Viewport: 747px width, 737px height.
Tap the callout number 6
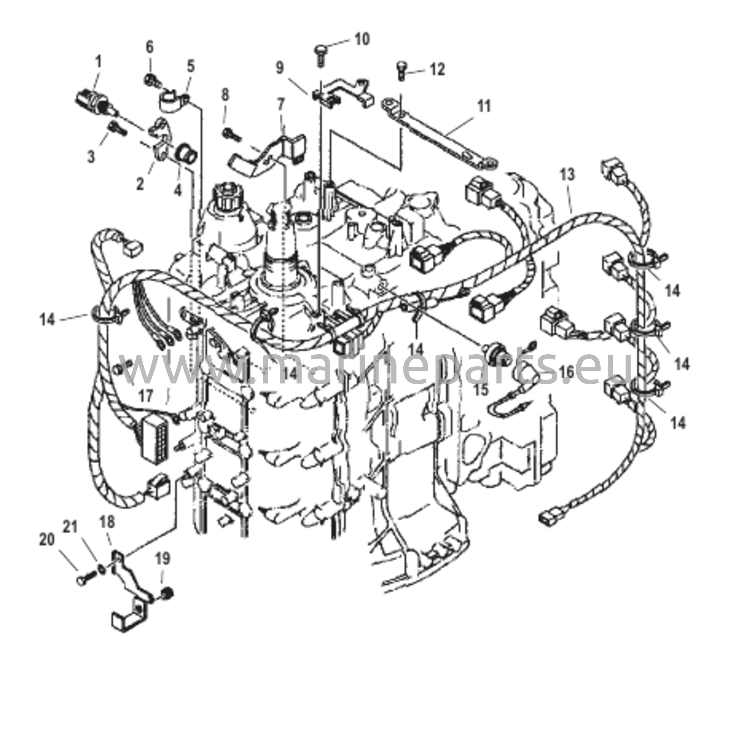[150, 47]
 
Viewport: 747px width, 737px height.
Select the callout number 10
[362, 39]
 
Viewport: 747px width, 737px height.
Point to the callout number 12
[437, 70]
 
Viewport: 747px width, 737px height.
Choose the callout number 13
[567, 175]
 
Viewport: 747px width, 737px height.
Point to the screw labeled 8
[232, 135]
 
